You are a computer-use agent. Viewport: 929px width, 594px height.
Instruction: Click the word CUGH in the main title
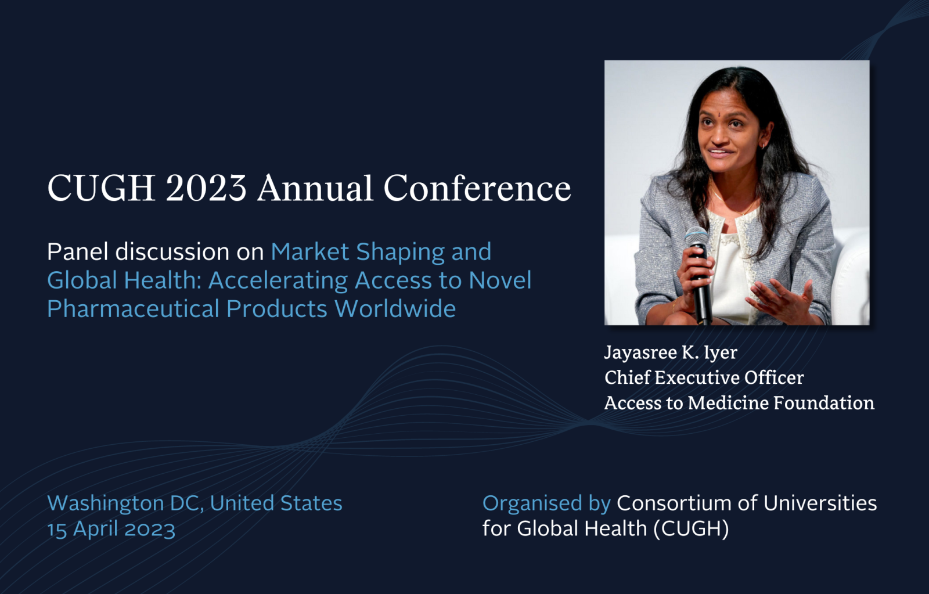[x=102, y=188]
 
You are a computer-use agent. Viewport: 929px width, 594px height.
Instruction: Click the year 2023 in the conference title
[x=207, y=188]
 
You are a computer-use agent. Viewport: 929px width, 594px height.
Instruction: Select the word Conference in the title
[x=477, y=188]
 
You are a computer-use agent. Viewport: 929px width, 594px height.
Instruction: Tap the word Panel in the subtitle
[x=78, y=252]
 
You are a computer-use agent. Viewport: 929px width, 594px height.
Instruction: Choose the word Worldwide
[x=395, y=309]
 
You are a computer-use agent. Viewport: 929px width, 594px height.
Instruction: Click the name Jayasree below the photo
[x=641, y=353]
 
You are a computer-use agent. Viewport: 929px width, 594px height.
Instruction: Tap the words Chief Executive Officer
[x=704, y=378]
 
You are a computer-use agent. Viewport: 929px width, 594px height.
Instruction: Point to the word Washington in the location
[x=106, y=503]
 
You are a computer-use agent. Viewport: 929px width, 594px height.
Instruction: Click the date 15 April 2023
[x=111, y=530]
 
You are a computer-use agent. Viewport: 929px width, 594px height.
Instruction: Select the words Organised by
[x=546, y=503]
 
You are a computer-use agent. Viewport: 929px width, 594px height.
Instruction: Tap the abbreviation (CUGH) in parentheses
[x=691, y=529]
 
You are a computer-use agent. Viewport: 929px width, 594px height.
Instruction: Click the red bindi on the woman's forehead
[x=721, y=112]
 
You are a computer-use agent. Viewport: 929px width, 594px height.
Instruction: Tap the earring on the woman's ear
[x=763, y=146]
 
